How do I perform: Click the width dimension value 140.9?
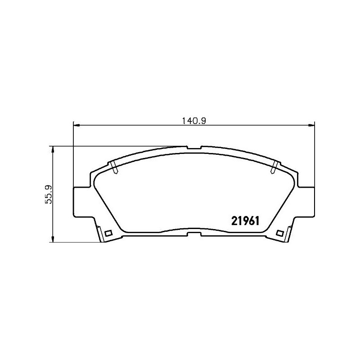193,120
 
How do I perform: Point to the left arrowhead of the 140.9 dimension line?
76,125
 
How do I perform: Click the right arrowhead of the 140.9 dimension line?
311,125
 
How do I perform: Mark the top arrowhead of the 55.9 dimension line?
54,149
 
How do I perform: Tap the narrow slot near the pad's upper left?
115,168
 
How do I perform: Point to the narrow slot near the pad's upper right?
273,168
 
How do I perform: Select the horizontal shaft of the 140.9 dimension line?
135,125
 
